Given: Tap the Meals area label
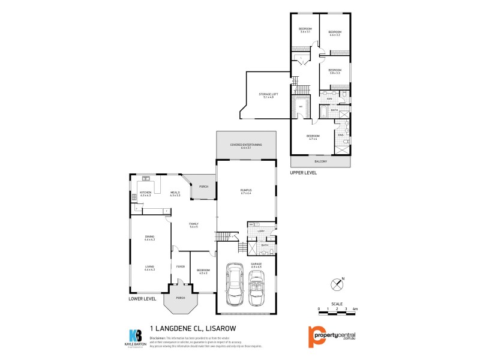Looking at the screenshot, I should pyautogui.click(x=175, y=194).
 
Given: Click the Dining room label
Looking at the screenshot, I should pyautogui.click(x=149, y=238).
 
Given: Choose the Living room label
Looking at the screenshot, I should pyautogui.click(x=149, y=268).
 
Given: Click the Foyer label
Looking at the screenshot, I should pyautogui.click(x=180, y=266).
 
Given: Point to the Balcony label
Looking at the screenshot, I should pyautogui.click(x=320, y=161).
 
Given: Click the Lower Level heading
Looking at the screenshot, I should pyautogui.click(x=142, y=298).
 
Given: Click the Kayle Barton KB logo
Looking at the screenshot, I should pyautogui.click(x=136, y=336).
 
